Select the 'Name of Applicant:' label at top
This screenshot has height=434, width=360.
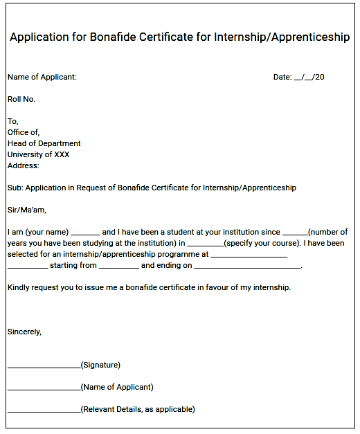(42, 77)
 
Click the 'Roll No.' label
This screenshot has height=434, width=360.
(21, 99)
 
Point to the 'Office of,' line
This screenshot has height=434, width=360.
(24, 132)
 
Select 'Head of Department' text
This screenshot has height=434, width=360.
(44, 143)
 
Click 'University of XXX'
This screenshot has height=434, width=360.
(39, 154)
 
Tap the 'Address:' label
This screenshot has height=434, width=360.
(24, 165)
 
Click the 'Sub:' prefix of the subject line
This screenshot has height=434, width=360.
(15, 188)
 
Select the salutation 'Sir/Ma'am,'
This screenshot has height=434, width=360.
(27, 210)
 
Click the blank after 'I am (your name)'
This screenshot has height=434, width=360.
(85, 233)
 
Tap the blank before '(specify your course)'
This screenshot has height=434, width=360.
(205, 244)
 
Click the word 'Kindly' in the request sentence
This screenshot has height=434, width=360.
(19, 287)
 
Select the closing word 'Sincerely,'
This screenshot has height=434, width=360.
(25, 332)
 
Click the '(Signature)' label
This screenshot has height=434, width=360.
(100, 365)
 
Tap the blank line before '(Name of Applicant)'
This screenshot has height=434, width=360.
(44, 388)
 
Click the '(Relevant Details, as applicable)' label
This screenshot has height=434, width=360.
(138, 409)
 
